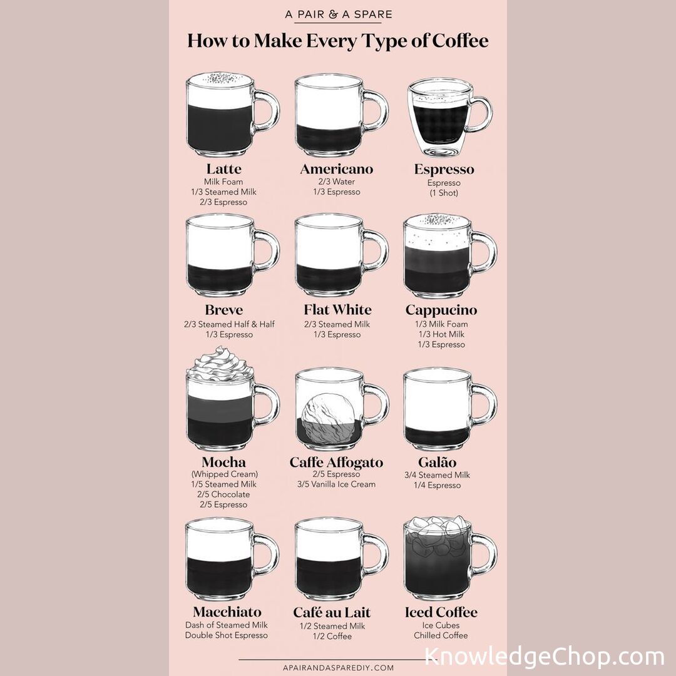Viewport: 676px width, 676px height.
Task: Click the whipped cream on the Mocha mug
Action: point(220,365)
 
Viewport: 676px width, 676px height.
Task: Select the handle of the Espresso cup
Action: point(481,115)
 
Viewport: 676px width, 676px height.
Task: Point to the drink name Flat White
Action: point(337,310)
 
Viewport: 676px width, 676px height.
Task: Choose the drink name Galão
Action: point(437,462)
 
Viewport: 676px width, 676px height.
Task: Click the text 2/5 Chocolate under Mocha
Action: point(223,494)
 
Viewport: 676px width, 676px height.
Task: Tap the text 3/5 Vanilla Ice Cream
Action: point(336,484)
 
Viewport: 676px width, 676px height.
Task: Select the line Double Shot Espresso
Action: point(227,635)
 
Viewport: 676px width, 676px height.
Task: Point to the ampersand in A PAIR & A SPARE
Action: point(333,14)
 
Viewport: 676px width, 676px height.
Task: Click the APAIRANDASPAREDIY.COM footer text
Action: point(338,668)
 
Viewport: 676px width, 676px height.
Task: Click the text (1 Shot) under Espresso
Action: point(444,193)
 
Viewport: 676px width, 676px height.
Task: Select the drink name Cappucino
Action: point(441,310)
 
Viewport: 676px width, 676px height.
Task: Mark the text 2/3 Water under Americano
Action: point(336,182)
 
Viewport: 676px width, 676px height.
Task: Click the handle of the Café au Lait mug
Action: point(376,556)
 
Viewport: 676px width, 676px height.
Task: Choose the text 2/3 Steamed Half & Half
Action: point(229,324)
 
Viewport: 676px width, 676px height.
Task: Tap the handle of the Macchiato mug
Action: point(267,556)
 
